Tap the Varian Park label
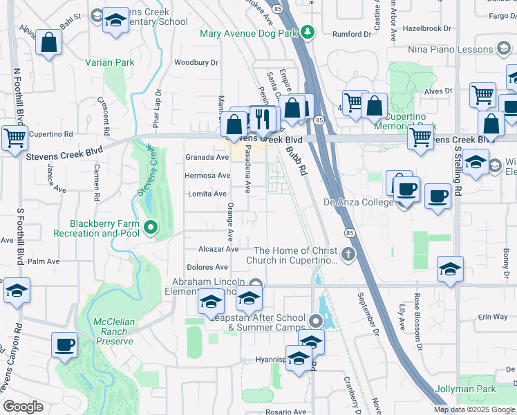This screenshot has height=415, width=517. (x=109, y=62)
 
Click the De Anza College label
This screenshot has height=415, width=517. (x=357, y=203)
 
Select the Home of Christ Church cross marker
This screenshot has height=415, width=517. (x=348, y=253)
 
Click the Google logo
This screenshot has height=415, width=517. (x=23, y=407)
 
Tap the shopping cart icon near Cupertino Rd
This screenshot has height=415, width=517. (x=15, y=138)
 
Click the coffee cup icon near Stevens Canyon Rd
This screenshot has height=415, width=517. (x=65, y=344)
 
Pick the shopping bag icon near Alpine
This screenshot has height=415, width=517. (x=49, y=43)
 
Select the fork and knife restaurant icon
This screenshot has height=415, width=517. (x=261, y=119)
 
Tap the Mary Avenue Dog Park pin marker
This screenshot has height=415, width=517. (x=308, y=32)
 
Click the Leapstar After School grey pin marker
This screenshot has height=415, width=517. (x=316, y=321)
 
